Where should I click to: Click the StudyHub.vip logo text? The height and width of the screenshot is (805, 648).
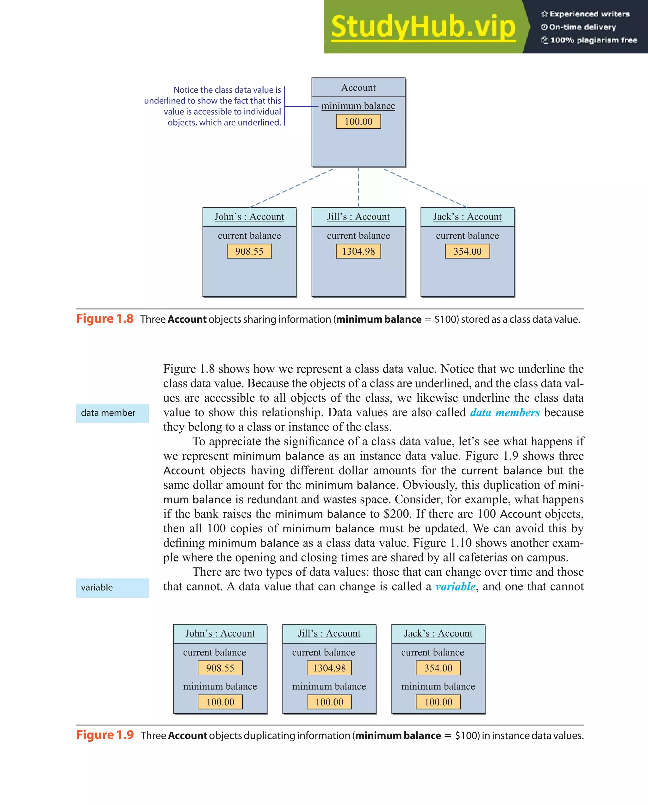coord(423,27)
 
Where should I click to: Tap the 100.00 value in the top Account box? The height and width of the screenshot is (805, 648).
coord(358,121)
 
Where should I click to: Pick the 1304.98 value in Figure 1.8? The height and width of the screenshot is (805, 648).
coord(358,251)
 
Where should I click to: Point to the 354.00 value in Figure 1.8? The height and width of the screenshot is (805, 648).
coord(467,251)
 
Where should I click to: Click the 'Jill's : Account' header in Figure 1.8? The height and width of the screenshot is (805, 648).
coord(358,217)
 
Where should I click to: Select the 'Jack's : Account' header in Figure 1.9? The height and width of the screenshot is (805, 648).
coord(438,634)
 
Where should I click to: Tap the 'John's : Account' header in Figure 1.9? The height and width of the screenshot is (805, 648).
coord(220,634)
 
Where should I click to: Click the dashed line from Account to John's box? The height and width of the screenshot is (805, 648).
coord(291,188)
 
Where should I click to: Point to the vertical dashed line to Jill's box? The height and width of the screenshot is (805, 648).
coord(358,188)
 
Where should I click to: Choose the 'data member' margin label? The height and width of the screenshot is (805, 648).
coord(108,413)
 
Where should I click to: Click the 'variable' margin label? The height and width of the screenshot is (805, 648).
coord(97,588)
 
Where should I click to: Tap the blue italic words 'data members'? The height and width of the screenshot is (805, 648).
coord(505,412)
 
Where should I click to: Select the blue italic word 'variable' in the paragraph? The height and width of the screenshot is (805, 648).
coord(455,586)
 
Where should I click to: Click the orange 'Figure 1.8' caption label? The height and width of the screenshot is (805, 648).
coord(105,319)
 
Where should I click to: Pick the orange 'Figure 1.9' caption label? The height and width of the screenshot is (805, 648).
coord(105,735)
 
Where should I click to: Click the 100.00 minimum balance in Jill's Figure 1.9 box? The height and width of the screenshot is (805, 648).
coord(329,702)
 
